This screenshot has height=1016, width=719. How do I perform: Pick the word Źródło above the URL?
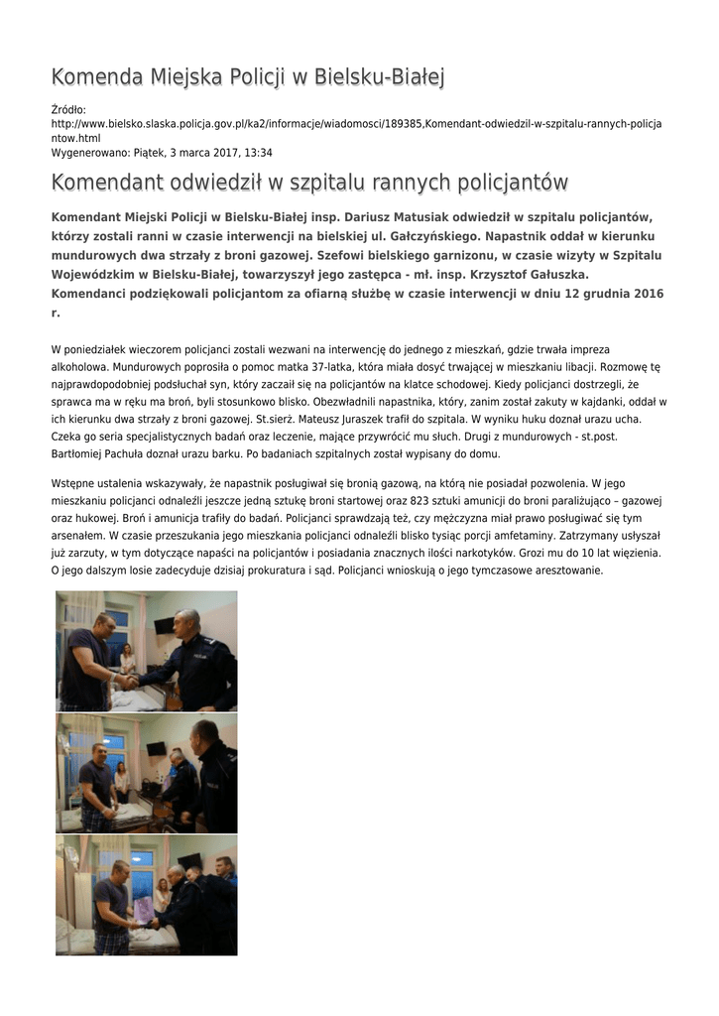tap(68, 109)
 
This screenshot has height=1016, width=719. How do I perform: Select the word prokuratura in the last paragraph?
tap(303, 570)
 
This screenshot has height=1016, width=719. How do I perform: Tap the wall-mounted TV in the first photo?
tap(164, 626)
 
